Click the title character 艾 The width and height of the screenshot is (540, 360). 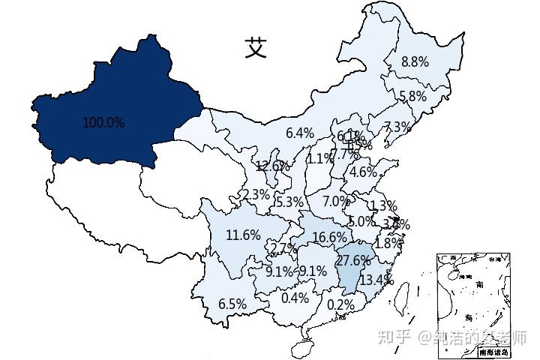(256, 48)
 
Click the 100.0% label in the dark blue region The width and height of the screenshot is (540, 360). (103, 122)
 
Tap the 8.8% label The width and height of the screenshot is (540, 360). (415, 62)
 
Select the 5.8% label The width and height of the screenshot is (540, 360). (412, 96)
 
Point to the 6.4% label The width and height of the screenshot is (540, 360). (300, 133)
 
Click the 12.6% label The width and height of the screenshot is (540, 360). (271, 166)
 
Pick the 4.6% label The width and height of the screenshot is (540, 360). (364, 171)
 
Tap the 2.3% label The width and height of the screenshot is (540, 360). (256, 194)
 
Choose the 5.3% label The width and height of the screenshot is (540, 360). (289, 202)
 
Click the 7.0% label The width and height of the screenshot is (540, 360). (336, 201)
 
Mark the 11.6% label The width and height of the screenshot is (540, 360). (243, 235)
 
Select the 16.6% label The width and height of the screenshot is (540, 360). (329, 237)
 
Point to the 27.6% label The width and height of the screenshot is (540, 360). (353, 261)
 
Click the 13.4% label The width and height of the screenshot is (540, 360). (376, 280)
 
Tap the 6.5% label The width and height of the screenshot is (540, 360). (232, 304)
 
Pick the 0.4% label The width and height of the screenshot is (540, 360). (295, 298)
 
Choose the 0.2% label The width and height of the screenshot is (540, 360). (340, 304)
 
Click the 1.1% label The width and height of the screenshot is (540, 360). (319, 158)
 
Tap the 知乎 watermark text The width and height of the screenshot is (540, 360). (394, 337)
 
